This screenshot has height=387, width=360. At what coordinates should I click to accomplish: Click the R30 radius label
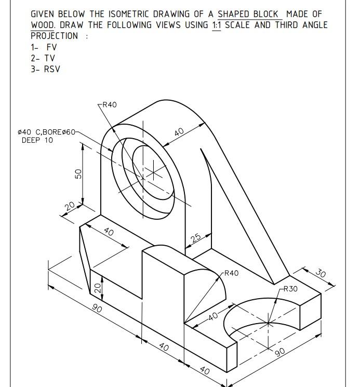(x=290, y=289)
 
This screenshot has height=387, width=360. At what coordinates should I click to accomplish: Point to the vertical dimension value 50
(x=79, y=174)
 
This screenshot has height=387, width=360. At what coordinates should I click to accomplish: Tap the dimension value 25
(x=195, y=238)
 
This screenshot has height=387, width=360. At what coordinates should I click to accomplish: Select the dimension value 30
(x=321, y=274)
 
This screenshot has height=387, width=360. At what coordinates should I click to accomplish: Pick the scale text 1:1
(x=217, y=25)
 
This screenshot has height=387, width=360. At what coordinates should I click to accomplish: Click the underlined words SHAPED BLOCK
(x=248, y=14)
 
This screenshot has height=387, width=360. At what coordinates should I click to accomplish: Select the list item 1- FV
(x=44, y=47)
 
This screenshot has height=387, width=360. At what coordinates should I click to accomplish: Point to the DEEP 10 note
(x=37, y=140)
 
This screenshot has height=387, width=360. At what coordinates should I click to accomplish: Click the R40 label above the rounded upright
(x=109, y=104)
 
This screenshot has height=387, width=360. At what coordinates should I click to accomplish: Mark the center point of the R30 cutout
(x=269, y=323)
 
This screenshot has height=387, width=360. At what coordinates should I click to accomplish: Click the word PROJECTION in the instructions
(x=55, y=36)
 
